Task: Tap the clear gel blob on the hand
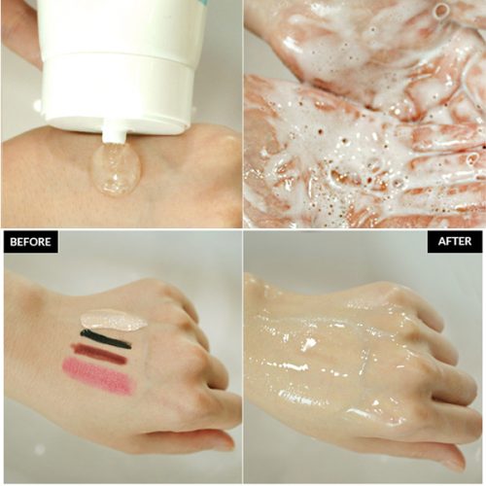115,171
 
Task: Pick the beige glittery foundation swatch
113,320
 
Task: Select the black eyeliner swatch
105,339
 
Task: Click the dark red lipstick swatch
99,355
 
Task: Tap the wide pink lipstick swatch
97,376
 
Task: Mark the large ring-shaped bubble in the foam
442,12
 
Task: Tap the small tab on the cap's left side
37,104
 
